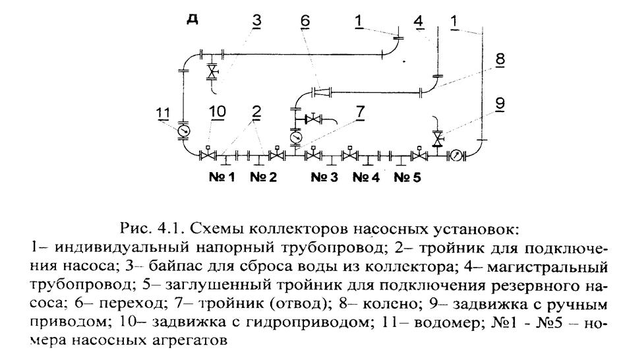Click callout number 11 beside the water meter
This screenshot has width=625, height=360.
(164, 113)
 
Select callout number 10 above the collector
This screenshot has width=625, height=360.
(218, 111)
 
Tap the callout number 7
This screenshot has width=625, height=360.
(360, 112)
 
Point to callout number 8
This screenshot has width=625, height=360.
(500, 59)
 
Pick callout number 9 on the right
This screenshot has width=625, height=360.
(500, 104)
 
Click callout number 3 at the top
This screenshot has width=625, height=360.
(257, 20)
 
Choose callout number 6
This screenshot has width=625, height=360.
(305, 20)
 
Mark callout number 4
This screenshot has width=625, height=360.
(418, 20)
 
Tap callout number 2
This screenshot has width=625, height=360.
(256, 112)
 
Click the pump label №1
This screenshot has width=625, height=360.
(222, 177)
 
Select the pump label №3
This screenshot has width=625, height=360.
(324, 177)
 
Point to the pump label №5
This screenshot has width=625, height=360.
(407, 177)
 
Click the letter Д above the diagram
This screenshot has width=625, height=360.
(193, 18)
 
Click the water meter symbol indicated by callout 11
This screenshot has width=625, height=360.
(183, 131)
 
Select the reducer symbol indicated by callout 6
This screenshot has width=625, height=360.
(322, 92)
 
